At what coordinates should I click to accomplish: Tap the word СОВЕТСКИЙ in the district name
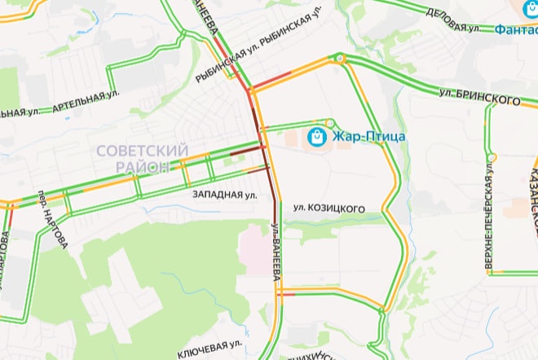pyautogui.click(x=142, y=151)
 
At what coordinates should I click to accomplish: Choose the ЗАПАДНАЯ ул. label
pyautogui.click(x=225, y=195)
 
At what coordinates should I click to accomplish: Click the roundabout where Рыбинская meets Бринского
pyautogui.click(x=337, y=58)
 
